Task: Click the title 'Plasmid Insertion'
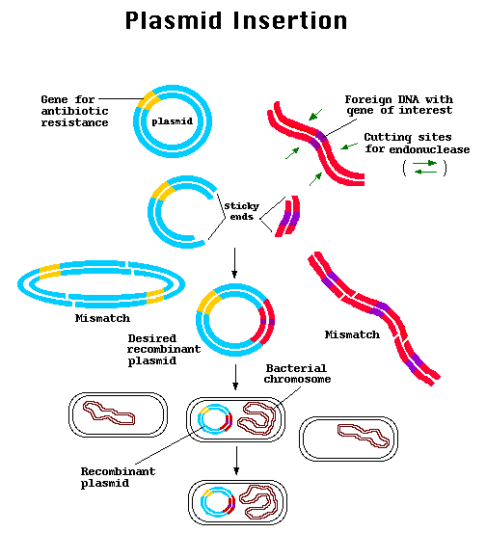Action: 236,20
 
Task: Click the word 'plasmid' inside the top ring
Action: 172,121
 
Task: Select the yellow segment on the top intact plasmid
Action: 148,98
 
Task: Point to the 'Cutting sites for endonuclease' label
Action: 416,143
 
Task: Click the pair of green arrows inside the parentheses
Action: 424,168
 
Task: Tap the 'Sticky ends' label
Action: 239,211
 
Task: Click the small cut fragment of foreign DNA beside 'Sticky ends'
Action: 287,217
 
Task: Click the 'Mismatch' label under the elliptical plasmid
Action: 101,318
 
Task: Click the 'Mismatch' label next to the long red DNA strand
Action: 351,334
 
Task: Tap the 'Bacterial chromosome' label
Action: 296,374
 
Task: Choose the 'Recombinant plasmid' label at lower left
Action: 117,477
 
